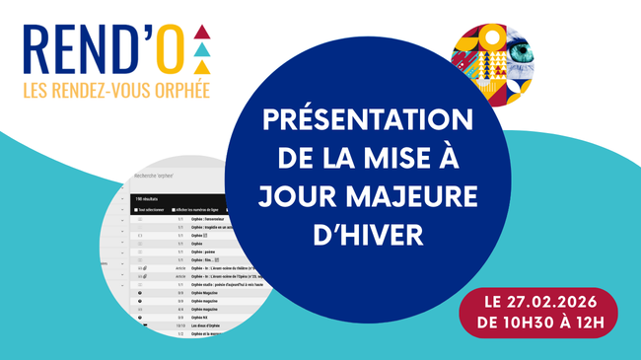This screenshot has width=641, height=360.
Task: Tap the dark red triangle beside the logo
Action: (201, 30)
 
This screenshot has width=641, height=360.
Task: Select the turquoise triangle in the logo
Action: (201, 48)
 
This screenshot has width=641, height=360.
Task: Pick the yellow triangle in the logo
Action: (201, 67)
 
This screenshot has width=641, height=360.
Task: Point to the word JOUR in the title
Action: (297, 196)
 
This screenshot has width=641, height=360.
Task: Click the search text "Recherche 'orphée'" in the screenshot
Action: (156, 179)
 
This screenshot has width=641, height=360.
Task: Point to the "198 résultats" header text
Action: (147, 197)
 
